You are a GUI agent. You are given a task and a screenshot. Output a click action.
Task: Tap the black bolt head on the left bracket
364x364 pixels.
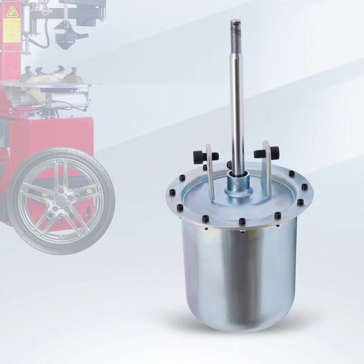click(x=199, y=156)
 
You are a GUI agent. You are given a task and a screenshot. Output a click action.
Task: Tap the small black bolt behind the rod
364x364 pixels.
click(x=229, y=165)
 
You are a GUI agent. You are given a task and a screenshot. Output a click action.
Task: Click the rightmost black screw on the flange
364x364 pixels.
click(x=305, y=187)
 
